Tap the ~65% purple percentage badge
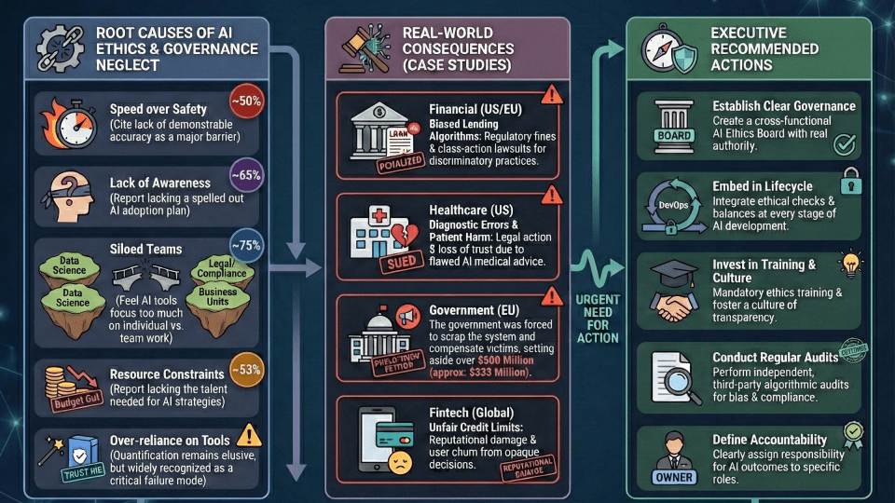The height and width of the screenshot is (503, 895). point(248,174)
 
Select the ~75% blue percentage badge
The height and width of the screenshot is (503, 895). point(247,246)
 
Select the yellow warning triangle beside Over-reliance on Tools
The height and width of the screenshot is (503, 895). point(248,434)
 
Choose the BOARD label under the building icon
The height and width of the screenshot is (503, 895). point(674,136)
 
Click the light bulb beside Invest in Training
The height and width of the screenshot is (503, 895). point(850,264)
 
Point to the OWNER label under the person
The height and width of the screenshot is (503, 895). point(674,478)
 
